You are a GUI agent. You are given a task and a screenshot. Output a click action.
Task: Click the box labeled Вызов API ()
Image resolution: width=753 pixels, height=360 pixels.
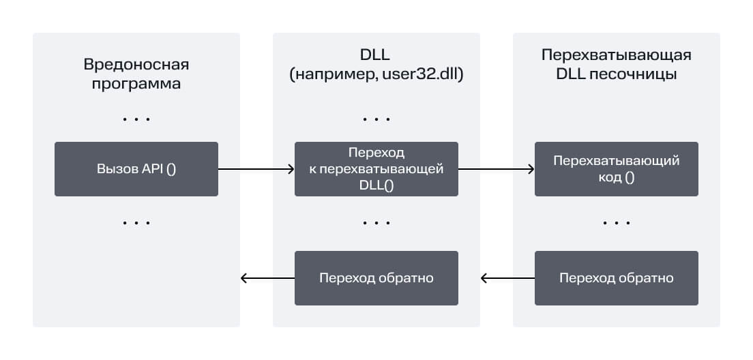[136, 169]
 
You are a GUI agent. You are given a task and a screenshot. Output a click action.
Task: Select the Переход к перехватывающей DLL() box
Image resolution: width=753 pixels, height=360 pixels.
[376, 169]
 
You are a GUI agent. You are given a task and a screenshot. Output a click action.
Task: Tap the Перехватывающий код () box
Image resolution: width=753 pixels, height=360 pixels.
[617, 169]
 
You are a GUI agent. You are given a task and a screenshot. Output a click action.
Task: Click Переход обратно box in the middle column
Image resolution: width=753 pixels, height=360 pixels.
[376, 278]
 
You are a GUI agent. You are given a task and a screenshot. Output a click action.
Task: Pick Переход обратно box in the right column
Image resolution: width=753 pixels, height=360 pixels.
[617, 278]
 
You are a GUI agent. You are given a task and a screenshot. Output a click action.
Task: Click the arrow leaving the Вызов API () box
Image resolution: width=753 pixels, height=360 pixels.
[256, 169]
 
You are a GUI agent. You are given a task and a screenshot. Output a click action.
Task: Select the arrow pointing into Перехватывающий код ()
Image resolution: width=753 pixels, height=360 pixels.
[496, 169]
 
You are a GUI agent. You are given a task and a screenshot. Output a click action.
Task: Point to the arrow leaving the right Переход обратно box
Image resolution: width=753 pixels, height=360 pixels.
[508, 278]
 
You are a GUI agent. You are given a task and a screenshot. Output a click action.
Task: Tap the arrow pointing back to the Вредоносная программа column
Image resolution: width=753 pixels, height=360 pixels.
[268, 278]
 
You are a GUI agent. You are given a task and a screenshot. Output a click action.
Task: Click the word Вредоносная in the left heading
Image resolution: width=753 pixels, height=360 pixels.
[136, 65]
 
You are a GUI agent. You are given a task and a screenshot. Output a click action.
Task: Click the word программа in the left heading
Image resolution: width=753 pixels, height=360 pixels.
[136, 84]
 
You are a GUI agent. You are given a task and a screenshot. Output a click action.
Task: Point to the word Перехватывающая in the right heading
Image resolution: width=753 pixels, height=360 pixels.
[617, 56]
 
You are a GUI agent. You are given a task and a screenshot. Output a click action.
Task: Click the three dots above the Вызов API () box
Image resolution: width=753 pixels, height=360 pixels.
[136, 119]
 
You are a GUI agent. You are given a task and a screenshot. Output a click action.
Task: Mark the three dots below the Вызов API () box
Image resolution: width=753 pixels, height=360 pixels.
[136, 223]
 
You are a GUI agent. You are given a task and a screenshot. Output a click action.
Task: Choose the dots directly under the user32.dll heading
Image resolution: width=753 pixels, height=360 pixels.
[376, 119]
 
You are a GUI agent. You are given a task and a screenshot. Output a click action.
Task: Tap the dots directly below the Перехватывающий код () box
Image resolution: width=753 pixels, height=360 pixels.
[617, 223]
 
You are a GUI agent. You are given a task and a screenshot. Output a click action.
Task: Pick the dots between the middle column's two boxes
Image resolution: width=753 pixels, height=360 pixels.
[376, 223]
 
